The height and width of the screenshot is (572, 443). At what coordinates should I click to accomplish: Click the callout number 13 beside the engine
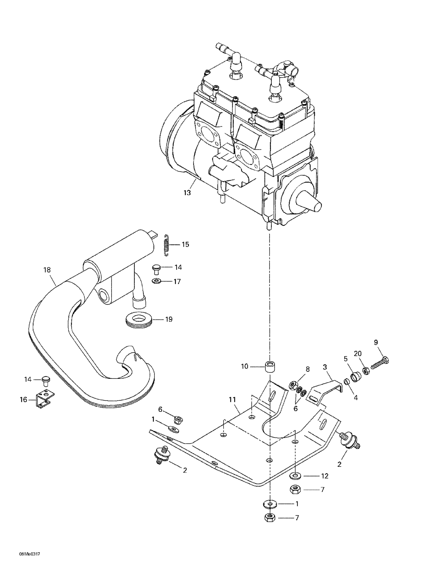pyautogui.click(x=187, y=193)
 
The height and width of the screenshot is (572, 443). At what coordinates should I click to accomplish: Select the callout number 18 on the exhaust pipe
pyautogui.click(x=47, y=270)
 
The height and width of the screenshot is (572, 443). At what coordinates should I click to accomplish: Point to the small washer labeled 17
pyautogui.click(x=157, y=281)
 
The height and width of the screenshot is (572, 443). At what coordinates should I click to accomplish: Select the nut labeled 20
pyautogui.click(x=366, y=371)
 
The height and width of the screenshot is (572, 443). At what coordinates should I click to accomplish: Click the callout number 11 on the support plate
pyautogui.click(x=232, y=400)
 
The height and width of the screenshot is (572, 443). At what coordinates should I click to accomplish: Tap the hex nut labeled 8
pyautogui.click(x=293, y=385)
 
